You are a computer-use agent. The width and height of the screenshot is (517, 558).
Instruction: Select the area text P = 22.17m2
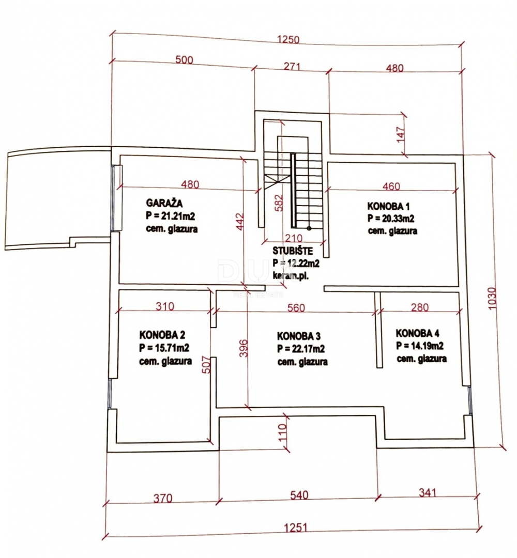(301, 349)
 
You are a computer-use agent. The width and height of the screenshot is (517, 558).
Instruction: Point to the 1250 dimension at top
(289, 40)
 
